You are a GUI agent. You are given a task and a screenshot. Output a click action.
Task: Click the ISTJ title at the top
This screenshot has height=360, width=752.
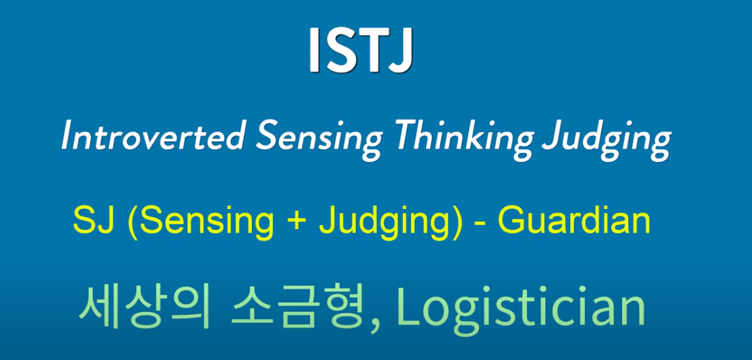tap(361, 50)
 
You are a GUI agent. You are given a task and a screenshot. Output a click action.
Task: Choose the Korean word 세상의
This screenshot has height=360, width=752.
tap(144, 307)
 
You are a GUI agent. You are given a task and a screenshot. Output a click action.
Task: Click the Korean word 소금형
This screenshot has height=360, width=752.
tap(297, 307)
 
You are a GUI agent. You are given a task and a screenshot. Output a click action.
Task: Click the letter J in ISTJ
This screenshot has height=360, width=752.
tap(400, 51)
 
